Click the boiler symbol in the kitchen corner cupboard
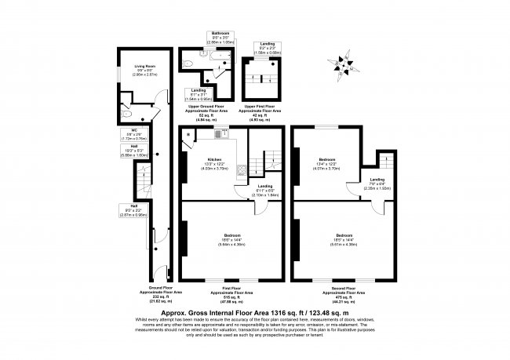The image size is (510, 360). [188, 135]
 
